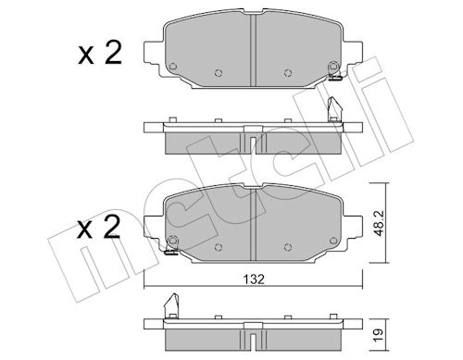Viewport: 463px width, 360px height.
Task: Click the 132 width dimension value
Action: (x=254, y=279)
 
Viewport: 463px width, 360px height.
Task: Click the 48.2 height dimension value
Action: (x=379, y=223)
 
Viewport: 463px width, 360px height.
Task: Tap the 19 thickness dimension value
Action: (x=379, y=335)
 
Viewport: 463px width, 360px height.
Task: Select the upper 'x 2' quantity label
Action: (x=100, y=54)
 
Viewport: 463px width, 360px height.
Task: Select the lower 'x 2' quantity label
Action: (x=98, y=228)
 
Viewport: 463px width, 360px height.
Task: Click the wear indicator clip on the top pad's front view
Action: (x=334, y=76)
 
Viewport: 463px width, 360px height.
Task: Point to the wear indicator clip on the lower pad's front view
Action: (x=170, y=250)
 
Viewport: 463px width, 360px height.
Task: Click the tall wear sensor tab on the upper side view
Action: (x=334, y=109)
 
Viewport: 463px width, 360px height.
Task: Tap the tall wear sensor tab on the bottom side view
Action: (x=171, y=305)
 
